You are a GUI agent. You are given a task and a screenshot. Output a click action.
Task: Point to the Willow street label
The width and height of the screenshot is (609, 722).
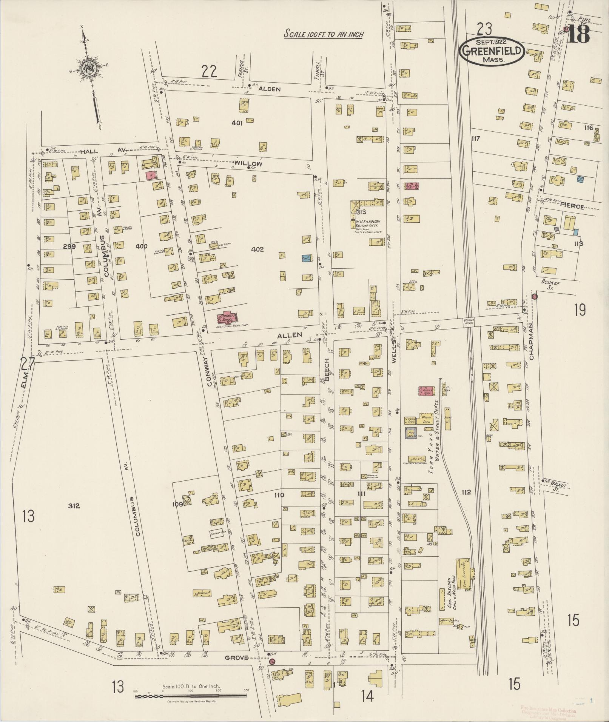pyautogui.click(x=248, y=163)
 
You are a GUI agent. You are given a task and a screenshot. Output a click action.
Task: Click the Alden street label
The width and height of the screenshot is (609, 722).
pyautogui.click(x=269, y=89)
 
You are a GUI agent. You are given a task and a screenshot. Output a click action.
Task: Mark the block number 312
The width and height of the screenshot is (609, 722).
pyautogui.click(x=74, y=505)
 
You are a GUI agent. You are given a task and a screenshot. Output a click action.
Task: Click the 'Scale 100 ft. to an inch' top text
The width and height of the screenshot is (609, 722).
pyautogui.click(x=324, y=34)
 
